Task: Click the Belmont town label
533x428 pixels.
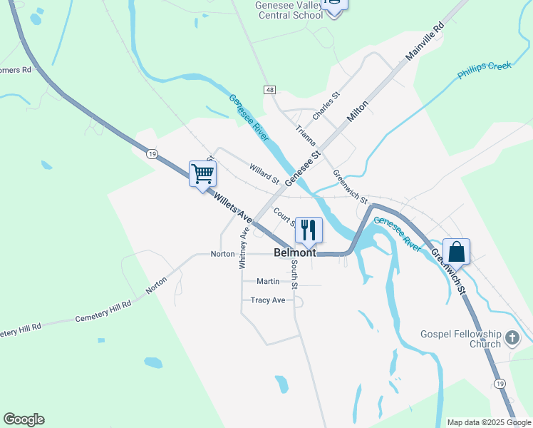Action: (295, 253)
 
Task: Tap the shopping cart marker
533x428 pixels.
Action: (203, 173)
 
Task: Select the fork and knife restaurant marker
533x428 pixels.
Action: (309, 230)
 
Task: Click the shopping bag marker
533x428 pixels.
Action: (456, 251)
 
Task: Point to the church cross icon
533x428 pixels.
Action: (511, 338)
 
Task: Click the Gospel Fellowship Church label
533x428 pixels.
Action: (471, 340)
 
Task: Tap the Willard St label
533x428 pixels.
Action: (264, 174)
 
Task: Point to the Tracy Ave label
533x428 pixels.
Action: (267, 300)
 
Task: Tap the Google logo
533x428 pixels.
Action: (24, 419)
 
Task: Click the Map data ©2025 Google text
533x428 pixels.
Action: (489, 422)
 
